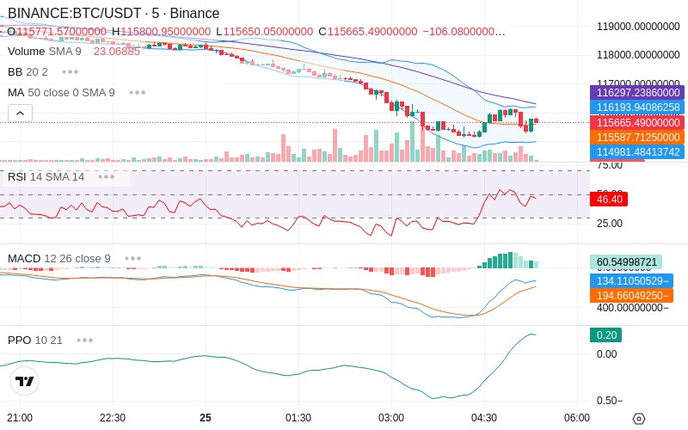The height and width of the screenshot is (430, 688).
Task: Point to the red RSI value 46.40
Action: coord(608,199)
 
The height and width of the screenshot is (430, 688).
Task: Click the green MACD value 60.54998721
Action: coord(626,261)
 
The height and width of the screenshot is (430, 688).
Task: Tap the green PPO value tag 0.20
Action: coord(605,335)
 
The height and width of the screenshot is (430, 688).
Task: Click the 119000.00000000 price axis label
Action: coord(638,26)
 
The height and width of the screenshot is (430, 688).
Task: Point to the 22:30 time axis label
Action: coord(113,418)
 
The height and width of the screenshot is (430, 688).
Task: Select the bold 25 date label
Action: coord(206,418)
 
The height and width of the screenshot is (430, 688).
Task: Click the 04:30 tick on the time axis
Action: coord(484,418)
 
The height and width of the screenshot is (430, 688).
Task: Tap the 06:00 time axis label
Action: coord(577,418)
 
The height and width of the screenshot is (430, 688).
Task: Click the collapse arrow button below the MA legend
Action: coord(20,113)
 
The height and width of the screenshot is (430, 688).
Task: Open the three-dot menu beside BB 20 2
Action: coord(71,71)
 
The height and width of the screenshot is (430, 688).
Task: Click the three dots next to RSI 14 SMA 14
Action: coord(107,176)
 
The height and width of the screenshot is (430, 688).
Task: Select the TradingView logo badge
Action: coord(25,381)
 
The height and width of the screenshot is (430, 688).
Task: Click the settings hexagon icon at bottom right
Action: coord(638,419)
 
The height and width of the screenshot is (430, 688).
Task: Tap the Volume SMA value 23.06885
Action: coord(117,52)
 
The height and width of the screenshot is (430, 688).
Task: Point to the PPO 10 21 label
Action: coord(35,340)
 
